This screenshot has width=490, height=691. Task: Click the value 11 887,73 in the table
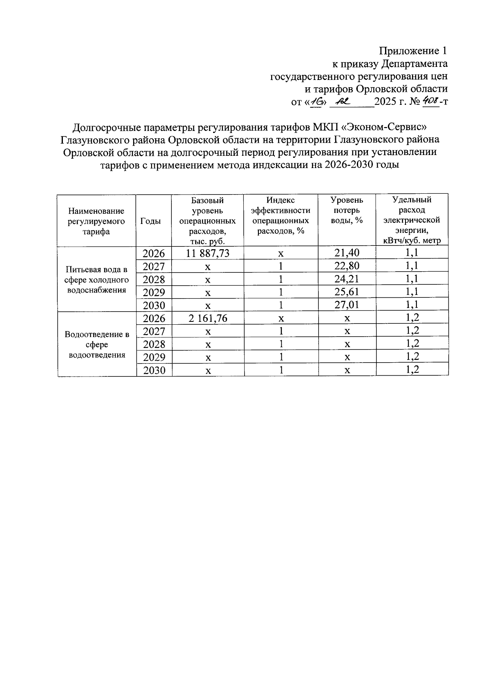tap(207, 253)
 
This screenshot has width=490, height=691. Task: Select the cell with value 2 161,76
tap(207, 318)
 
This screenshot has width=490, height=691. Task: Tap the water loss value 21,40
tap(347, 253)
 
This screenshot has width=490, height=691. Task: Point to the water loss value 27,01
tap(347, 305)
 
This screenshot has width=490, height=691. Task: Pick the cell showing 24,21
tap(347, 279)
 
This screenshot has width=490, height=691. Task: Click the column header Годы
tap(150, 221)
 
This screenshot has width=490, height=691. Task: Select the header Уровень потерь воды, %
tap(347, 210)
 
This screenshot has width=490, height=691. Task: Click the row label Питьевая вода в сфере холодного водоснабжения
tap(97, 280)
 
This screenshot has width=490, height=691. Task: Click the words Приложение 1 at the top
tap(413, 51)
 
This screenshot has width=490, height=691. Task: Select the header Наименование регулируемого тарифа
tap(96, 221)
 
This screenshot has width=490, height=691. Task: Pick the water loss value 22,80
tap(347, 266)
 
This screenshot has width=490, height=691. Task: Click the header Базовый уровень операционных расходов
tap(207, 221)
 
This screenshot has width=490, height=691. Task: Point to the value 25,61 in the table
tap(347, 292)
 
